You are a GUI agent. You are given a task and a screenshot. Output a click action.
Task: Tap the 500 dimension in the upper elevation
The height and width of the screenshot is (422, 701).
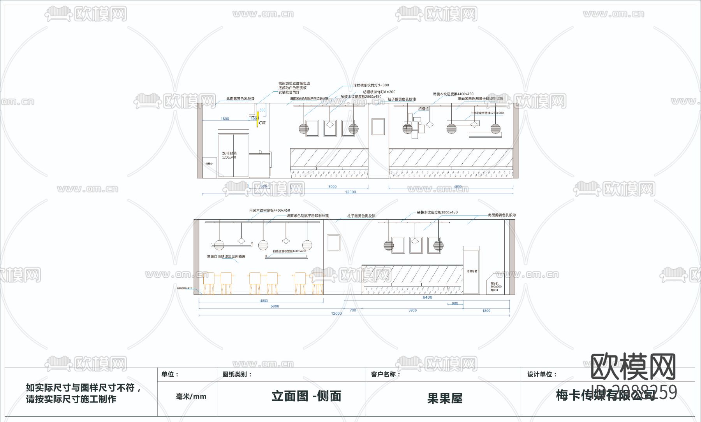262,110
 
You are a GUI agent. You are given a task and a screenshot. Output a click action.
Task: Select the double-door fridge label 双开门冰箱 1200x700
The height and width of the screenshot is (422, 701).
229,155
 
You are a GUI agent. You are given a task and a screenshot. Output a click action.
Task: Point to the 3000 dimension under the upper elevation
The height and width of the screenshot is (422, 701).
332,187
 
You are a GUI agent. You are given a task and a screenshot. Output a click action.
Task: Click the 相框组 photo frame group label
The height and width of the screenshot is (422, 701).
423,109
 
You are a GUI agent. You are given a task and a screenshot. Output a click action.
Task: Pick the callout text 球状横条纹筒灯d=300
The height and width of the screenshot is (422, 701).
371,85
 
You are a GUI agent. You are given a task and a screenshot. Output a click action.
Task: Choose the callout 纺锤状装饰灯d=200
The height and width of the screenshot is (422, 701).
379,92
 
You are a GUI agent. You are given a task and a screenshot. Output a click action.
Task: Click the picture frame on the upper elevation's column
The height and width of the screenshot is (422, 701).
378,127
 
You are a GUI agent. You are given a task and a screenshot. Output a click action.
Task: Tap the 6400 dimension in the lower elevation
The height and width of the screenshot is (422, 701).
427,298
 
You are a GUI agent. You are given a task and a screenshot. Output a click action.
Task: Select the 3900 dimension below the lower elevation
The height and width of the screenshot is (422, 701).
412,310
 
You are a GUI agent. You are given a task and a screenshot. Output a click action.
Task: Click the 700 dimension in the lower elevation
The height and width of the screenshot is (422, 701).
353,310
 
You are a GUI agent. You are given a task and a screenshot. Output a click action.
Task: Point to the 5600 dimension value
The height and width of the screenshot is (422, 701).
275,306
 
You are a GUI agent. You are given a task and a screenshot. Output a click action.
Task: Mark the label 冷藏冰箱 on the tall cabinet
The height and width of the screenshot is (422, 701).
472,271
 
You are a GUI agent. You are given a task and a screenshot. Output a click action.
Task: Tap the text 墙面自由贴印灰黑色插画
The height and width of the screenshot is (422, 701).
226,257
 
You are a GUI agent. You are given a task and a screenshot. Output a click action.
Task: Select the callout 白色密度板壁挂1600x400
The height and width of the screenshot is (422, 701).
289,251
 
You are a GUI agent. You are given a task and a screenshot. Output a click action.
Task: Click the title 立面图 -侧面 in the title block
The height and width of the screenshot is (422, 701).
306,396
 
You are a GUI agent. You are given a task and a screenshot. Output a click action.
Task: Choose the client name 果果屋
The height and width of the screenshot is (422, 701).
445,398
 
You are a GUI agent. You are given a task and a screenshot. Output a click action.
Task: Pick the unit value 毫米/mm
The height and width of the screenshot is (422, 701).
191,396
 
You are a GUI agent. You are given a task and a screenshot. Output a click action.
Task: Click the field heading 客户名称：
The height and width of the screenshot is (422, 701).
385,374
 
